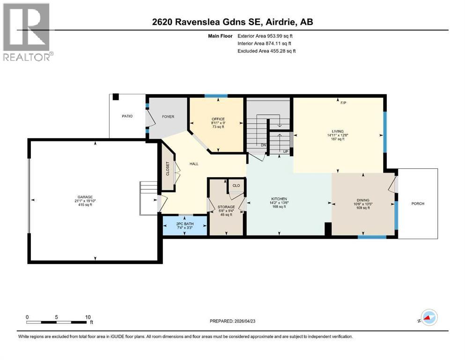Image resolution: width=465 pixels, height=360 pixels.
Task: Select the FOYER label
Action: click(168, 116)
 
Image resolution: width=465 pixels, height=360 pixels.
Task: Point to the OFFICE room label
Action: click(218, 119)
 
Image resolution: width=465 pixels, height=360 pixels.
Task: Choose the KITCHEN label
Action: click(279, 199)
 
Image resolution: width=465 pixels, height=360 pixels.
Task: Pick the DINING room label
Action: click(362, 199)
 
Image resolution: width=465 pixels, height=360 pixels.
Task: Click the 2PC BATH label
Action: click(185, 224)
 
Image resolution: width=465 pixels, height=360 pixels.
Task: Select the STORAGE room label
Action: click(226, 207)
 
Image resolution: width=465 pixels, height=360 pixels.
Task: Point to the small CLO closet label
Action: click(236, 186)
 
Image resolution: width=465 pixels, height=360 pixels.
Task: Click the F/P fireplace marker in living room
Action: click(343, 103)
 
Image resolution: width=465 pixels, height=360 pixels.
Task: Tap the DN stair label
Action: click(263, 145)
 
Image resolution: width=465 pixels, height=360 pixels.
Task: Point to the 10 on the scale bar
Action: click(88, 317)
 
